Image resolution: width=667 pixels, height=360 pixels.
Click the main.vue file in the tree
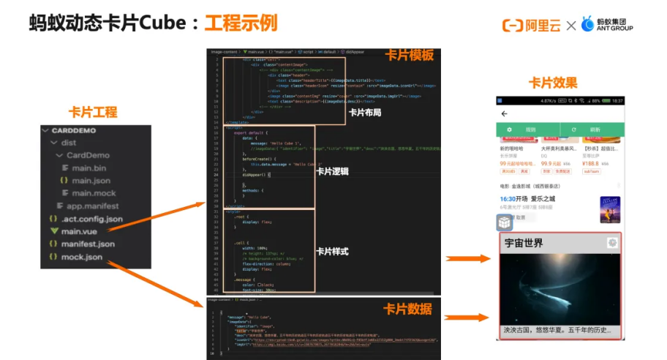pyautogui.click(x=79, y=231)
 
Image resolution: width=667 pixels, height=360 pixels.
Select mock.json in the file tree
pyautogui.click(x=82, y=257)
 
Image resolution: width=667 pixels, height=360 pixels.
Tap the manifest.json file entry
pyautogui.click(x=88, y=244)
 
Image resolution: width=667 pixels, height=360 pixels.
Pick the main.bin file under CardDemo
pyautogui.click(x=88, y=168)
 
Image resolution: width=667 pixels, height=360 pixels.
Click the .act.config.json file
pyautogui.click(x=91, y=219)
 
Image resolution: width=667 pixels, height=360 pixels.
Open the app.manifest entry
pyautogui.click(x=91, y=206)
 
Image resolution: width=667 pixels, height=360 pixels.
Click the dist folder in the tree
pyautogui.click(x=68, y=143)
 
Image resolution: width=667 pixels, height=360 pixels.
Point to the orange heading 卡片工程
pyautogui.click(x=93, y=113)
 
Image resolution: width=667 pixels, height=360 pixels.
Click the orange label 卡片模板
pyautogui.click(x=410, y=56)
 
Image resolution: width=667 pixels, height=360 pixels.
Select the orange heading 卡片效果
pyautogui.click(x=553, y=83)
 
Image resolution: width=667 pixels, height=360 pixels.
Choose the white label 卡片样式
pyautogui.click(x=332, y=252)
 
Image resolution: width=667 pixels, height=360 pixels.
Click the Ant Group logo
pyautogui.click(x=607, y=24)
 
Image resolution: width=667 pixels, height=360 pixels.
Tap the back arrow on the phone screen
pyautogui.click(x=505, y=114)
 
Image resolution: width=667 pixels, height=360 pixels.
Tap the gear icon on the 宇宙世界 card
pyautogui.click(x=611, y=243)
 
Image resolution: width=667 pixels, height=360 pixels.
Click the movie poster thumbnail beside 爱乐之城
pyautogui.click(x=610, y=209)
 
